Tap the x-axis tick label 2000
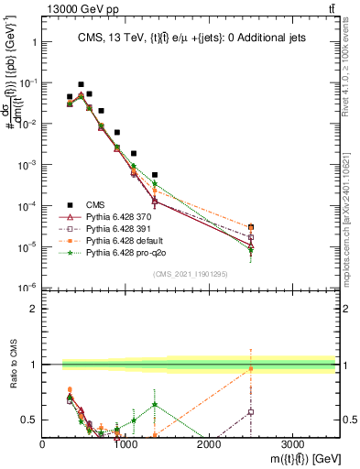click(x=209, y=444)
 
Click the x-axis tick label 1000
click(x=125, y=444)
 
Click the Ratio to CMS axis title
click(x=11, y=365)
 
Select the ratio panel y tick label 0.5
click(x=29, y=420)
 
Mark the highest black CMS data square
click(x=81, y=84)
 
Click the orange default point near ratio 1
click(x=250, y=368)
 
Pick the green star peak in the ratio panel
click(x=155, y=404)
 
